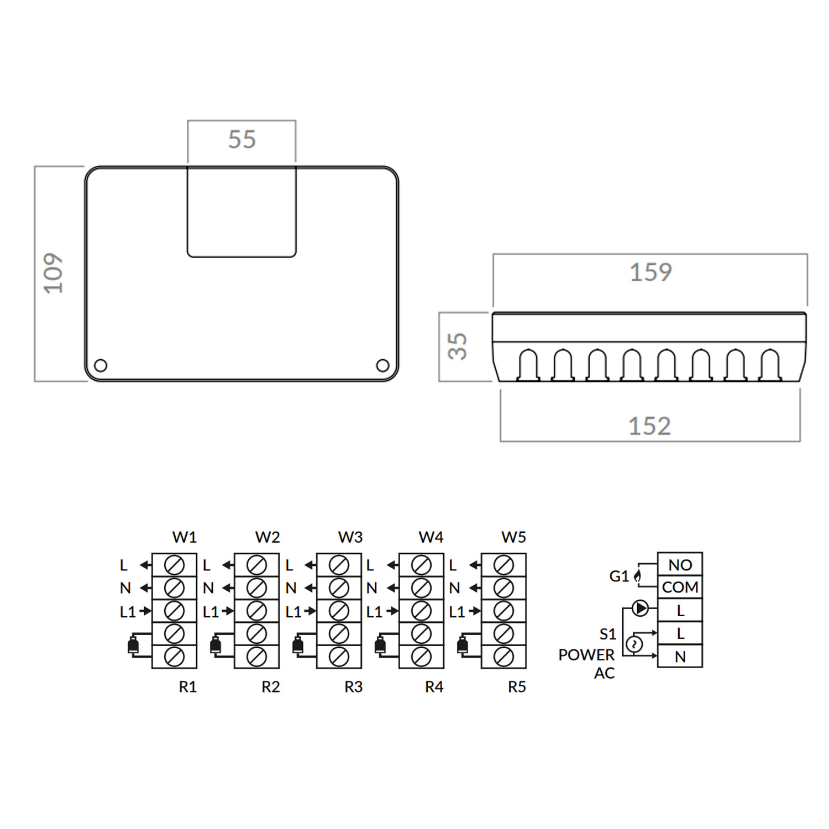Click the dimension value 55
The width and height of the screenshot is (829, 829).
coord(242,139)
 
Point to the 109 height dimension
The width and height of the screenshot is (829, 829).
coord(54,274)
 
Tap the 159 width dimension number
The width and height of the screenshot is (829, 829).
coord(651,272)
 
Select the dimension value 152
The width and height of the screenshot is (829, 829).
coord(650,426)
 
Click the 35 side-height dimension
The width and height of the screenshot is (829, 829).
coord(458,347)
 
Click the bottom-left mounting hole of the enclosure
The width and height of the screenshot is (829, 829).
coord(101,365)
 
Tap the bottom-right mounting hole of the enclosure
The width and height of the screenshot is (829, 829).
coord(382,365)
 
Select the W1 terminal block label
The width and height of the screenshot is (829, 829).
coord(185,537)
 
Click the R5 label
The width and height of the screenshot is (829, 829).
coord(517,687)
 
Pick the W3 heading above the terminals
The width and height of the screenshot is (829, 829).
coord(350,537)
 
